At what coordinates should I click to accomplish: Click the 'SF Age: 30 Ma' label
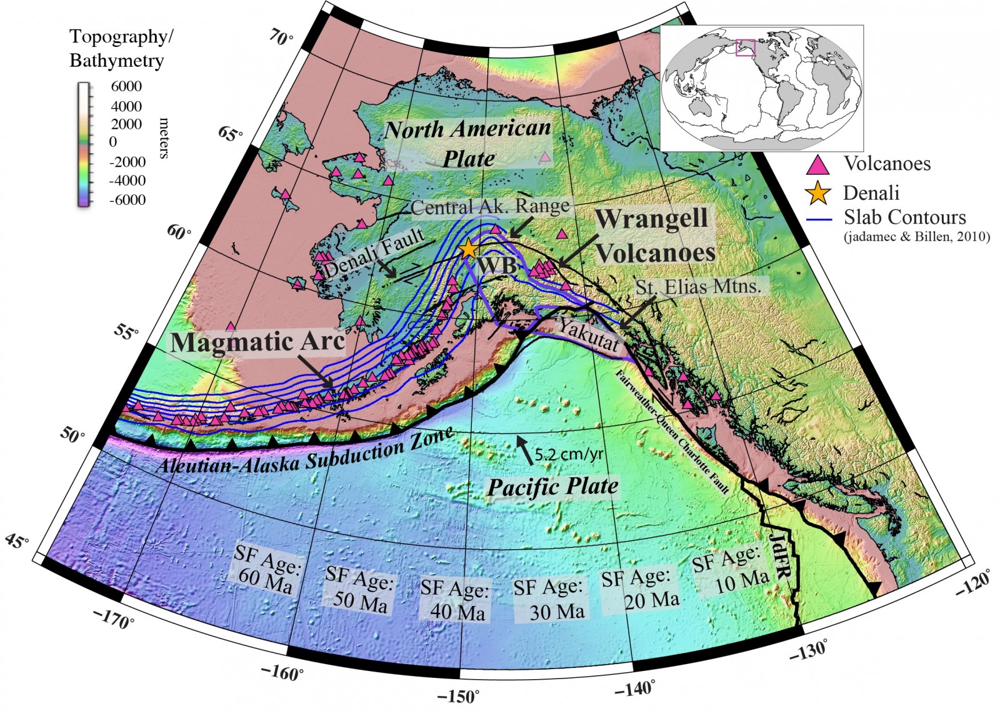549,598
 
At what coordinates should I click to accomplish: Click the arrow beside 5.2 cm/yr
525,450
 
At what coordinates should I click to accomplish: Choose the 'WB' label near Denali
498,266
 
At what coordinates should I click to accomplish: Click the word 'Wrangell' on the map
651,219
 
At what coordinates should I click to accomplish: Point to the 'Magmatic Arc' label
257,342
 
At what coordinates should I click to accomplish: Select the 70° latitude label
281,39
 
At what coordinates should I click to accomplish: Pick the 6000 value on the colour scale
126,86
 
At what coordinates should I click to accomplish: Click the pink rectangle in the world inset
746,48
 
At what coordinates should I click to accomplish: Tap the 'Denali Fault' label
374,253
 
